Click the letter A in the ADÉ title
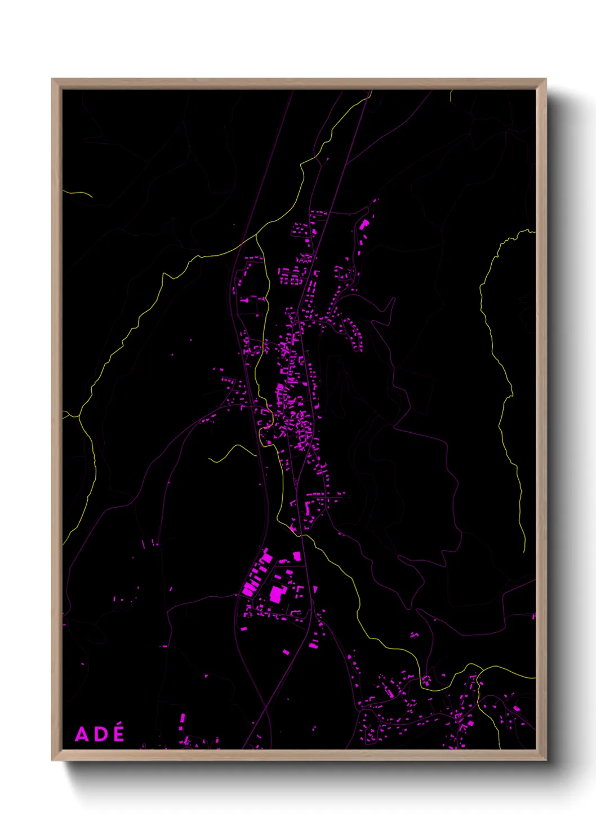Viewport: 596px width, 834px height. click(82, 734)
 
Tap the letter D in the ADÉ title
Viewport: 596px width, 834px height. click(100, 734)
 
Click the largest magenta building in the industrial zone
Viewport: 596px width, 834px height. click(276, 593)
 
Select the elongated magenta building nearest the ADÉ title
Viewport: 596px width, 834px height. click(182, 720)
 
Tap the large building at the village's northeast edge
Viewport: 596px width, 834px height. click(364, 224)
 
